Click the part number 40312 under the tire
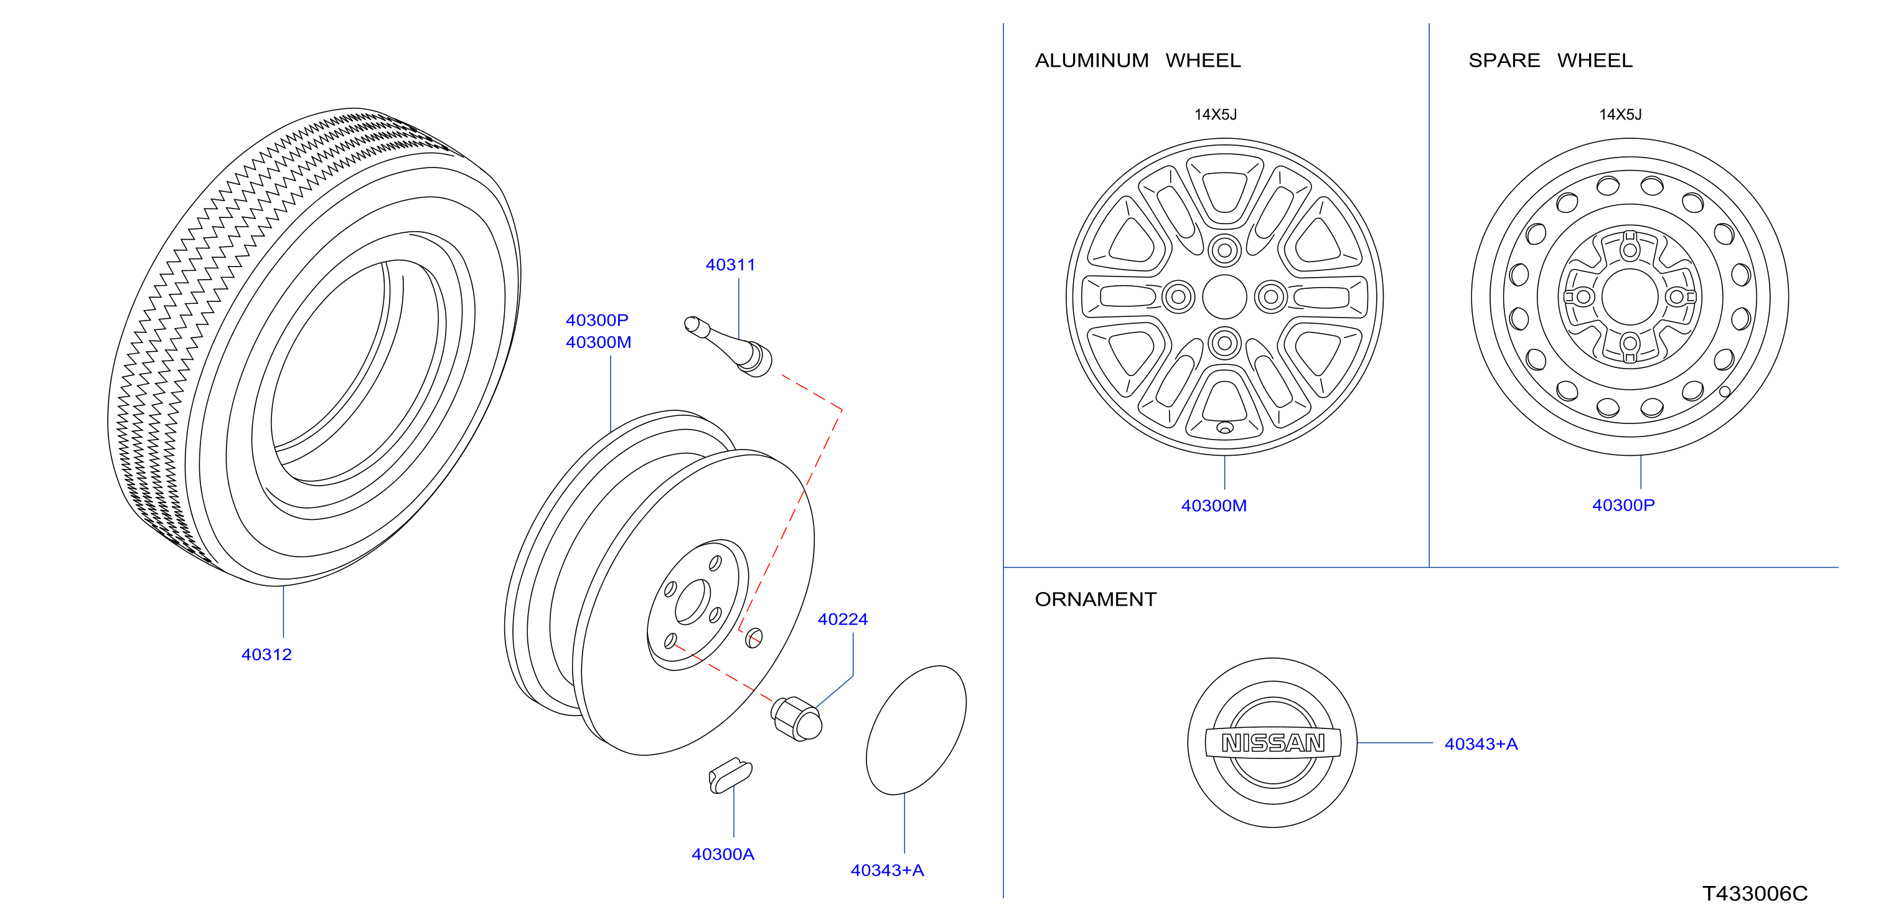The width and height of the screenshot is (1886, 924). point(266,654)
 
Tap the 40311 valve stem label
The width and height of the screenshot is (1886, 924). point(730,265)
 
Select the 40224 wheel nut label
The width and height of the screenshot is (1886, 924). point(842,620)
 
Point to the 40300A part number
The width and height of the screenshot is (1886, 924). point(723,854)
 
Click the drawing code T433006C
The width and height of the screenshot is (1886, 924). point(1754,894)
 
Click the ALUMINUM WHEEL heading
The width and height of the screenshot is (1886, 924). point(1138,61)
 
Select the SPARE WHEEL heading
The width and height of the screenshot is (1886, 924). point(1550,61)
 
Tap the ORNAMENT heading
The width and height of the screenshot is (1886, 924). point(1095,600)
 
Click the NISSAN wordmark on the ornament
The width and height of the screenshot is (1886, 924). point(1273,743)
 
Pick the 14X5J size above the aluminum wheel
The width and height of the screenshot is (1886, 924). point(1216,115)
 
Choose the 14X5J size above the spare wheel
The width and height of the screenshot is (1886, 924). point(1620,115)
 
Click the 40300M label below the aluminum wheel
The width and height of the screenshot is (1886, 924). point(1213,506)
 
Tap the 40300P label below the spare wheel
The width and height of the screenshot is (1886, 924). point(1623,505)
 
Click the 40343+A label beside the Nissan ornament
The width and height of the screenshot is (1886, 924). point(1481,744)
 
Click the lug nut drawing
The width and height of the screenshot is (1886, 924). point(797,719)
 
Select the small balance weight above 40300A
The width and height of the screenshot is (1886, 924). point(730,775)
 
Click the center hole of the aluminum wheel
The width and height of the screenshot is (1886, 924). point(1224,296)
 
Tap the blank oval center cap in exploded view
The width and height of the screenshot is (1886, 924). point(916,730)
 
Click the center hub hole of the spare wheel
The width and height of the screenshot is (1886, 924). point(1630,296)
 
